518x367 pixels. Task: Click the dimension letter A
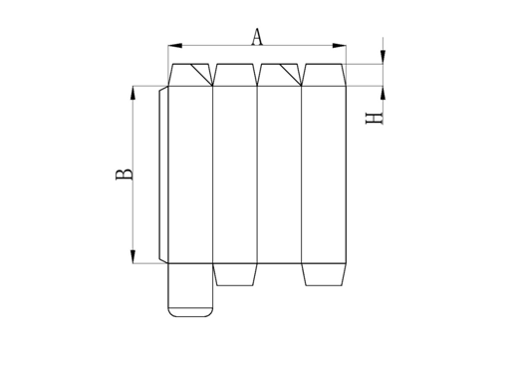(x=257, y=37)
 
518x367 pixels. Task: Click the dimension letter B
(x=125, y=175)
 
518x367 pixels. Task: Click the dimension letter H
(x=375, y=119)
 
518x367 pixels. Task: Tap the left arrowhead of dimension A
(x=175, y=46)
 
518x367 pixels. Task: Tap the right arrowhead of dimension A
(x=339, y=46)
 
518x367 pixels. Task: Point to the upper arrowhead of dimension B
(x=132, y=93)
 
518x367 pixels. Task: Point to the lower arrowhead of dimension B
(x=132, y=256)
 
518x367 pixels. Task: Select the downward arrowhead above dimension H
(x=384, y=57)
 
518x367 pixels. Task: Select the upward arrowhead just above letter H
(x=384, y=93)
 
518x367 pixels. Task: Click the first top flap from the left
(x=190, y=75)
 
